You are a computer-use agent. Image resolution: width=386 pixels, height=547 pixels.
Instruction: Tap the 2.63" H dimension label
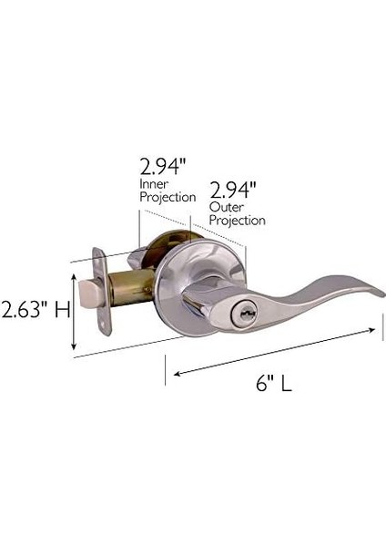coord(36,310)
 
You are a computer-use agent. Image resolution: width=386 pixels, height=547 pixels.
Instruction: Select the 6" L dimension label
coord(274,384)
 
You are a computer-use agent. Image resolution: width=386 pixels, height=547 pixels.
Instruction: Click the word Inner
coord(154,184)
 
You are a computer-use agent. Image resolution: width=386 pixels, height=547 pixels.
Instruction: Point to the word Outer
coord(226,207)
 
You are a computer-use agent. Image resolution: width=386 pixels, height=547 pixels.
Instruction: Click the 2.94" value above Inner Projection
coord(163,166)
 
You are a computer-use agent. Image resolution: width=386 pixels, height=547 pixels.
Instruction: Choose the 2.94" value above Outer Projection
coord(233,191)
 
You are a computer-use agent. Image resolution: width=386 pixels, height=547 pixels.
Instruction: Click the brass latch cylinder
coord(131,287)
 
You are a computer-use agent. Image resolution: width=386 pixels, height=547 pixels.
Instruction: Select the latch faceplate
coord(102,292)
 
